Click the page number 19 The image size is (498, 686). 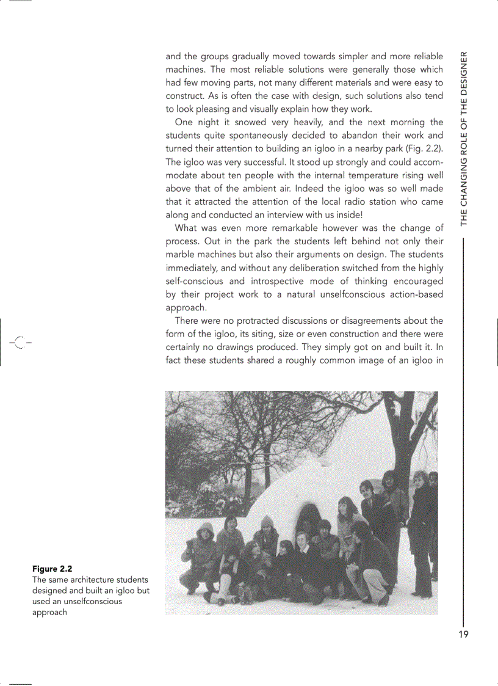(463, 634)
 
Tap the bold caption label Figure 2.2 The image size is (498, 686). (52, 569)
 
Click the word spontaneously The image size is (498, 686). (264, 135)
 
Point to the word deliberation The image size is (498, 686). (311, 268)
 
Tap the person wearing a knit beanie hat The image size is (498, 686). (266, 531)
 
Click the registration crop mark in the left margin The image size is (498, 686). (20, 342)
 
